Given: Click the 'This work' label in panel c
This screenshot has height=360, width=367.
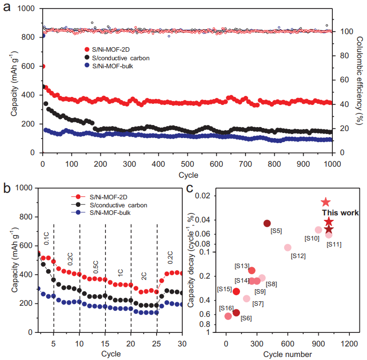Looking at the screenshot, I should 340,213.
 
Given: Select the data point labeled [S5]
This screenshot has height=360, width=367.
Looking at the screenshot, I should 267,223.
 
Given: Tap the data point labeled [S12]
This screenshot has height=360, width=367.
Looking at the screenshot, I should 288,248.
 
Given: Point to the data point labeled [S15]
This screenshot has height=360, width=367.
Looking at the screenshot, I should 236,292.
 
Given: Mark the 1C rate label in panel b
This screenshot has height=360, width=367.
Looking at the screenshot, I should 120,271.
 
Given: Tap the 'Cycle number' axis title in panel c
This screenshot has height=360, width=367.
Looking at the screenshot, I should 288,354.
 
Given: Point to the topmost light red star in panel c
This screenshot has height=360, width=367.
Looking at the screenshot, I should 325,202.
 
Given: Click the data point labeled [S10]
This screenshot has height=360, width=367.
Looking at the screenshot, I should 318,230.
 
